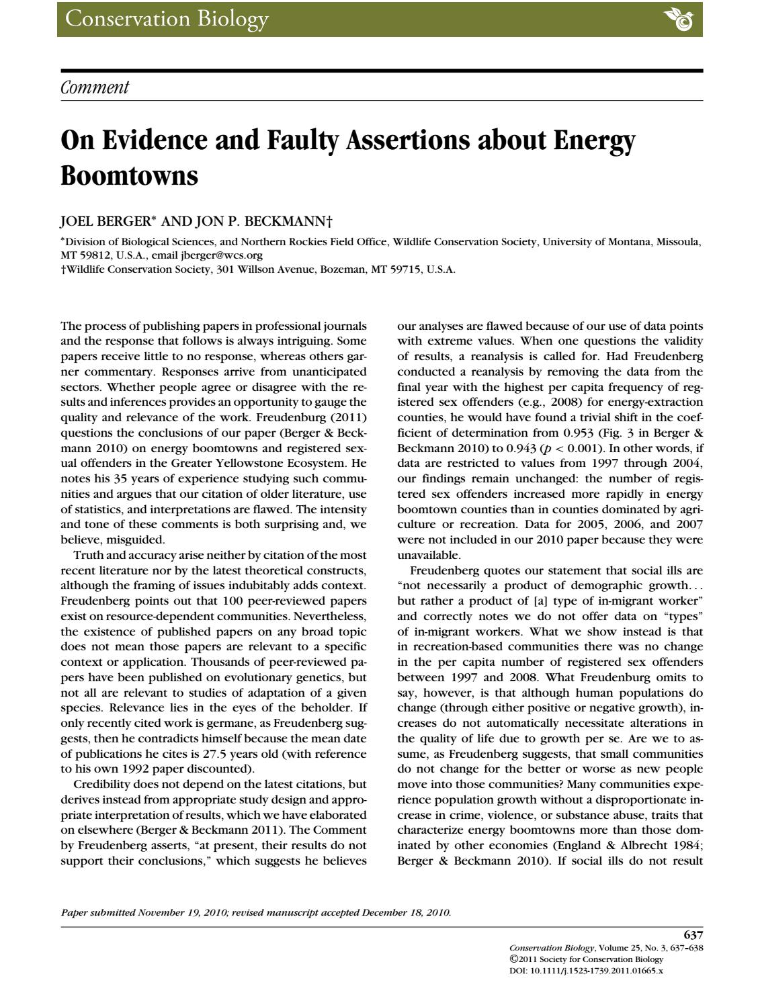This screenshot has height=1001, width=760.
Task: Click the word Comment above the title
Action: pyautogui.click(x=94, y=87)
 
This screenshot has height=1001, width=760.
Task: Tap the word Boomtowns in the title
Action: pyautogui.click(x=129, y=176)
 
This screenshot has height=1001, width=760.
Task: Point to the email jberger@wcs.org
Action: pyautogui.click(x=222, y=255)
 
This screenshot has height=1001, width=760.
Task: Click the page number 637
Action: pyautogui.click(x=693, y=934)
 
